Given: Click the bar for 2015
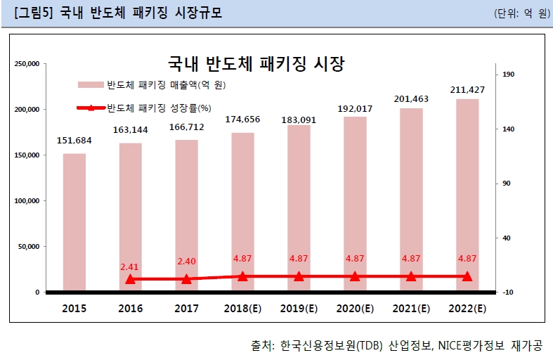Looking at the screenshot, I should (74, 221).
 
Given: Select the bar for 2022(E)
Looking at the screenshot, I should (467, 195).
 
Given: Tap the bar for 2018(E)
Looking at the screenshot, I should (243, 212).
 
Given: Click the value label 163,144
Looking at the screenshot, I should (131, 130).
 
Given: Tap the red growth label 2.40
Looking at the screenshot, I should (186, 262).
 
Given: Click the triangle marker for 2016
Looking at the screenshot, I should (131, 279).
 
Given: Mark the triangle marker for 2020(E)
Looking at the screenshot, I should (355, 276).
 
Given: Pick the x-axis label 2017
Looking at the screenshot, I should (186, 309).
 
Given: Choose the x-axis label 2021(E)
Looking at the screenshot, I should (411, 309).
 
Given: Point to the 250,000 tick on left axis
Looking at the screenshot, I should (26, 64).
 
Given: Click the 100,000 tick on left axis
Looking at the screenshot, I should (26, 201).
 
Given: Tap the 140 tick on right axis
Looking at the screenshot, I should (508, 129).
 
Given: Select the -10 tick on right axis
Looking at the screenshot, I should (508, 292).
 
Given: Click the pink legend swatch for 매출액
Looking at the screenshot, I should (91, 85).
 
